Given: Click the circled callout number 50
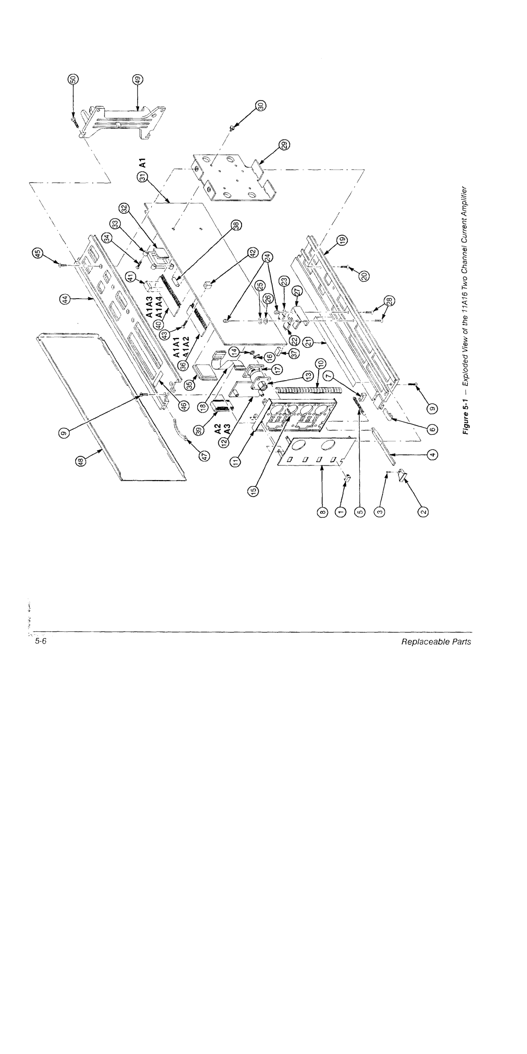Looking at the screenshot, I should [74, 80].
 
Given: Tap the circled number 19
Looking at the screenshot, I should [343, 240].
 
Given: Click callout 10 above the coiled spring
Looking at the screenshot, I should [321, 364].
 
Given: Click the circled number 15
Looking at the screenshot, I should [254, 492].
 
